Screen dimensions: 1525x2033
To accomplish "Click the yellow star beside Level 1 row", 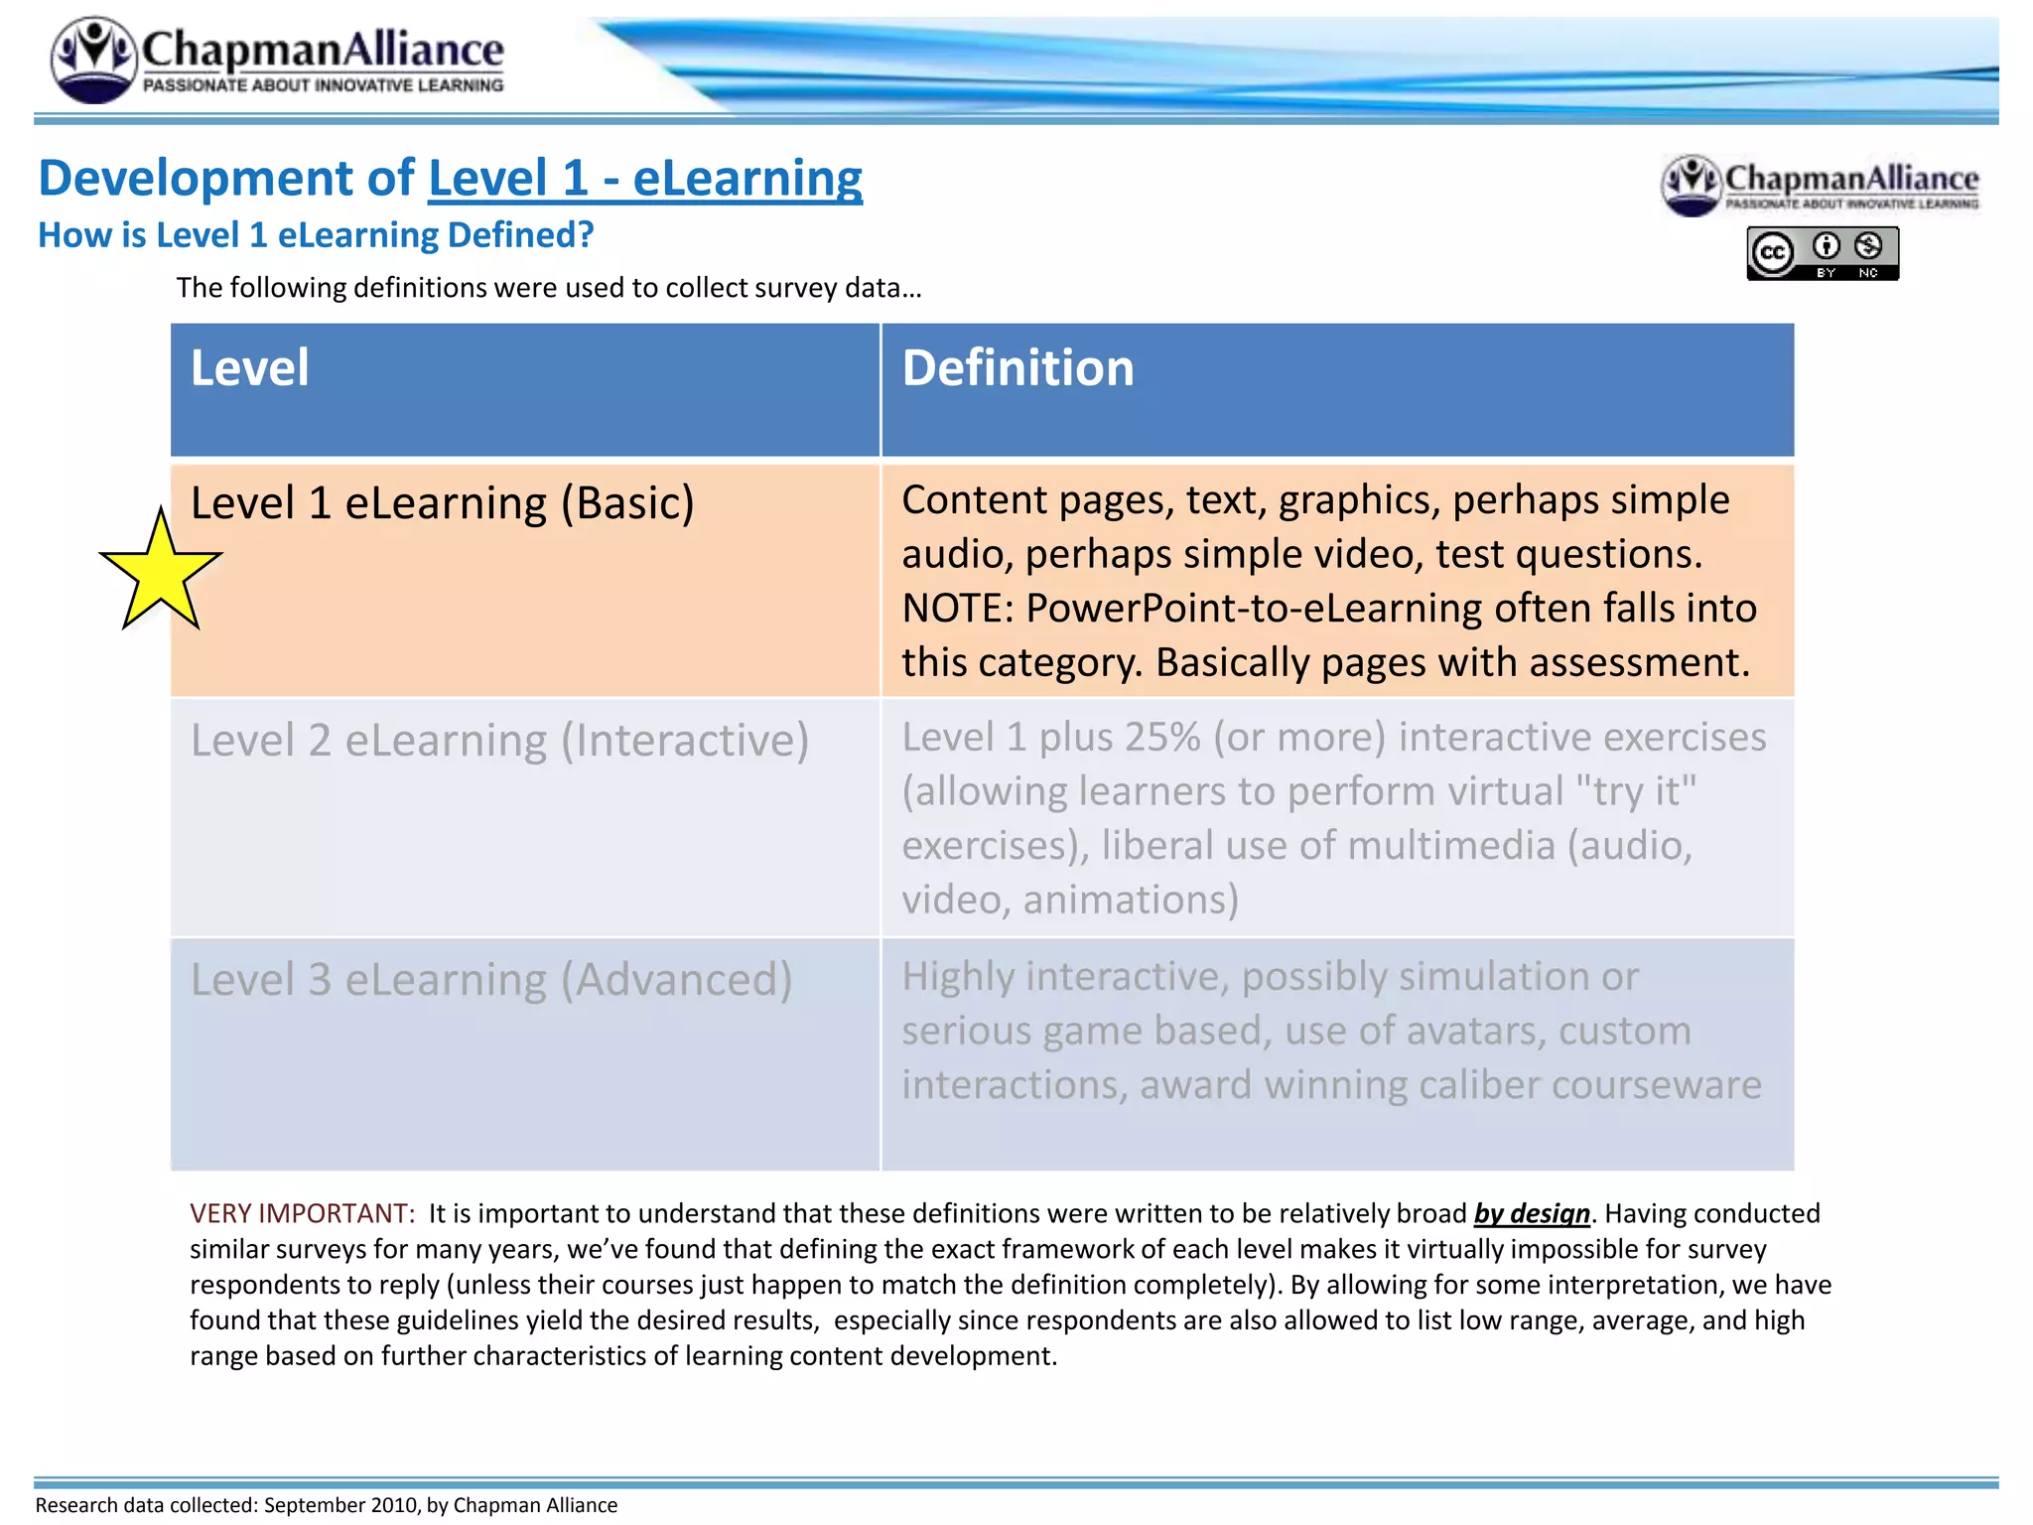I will click(160, 574).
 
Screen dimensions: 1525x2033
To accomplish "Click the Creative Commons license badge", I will click(1823, 253).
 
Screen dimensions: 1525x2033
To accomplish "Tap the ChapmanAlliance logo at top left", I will click(278, 60).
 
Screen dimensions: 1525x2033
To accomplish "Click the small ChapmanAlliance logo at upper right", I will click(1821, 185).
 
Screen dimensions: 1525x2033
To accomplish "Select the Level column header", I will click(249, 368).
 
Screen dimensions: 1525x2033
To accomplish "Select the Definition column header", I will click(1017, 368).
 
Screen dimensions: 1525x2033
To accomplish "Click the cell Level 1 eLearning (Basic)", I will click(442, 503).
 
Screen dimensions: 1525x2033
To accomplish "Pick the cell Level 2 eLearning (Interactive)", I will click(499, 741).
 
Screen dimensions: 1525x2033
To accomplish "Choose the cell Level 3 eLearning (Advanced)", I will click(491, 980).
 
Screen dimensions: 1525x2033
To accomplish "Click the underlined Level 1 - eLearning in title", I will click(645, 179).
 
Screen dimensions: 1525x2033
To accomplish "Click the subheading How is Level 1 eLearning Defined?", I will click(316, 235).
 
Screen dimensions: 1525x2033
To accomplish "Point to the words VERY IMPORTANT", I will click(302, 1213).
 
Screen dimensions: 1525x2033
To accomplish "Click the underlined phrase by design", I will click(1532, 1213).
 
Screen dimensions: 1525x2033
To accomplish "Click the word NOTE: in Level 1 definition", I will click(957, 609).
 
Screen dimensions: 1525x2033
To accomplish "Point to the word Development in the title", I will click(225, 179).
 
